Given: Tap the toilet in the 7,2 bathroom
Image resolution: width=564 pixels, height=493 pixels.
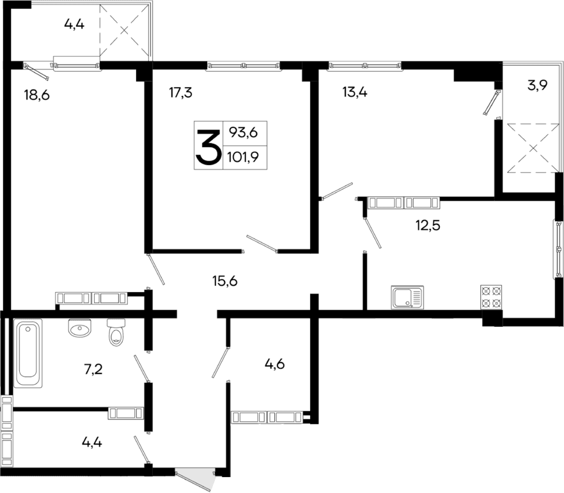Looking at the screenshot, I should click(x=116, y=332).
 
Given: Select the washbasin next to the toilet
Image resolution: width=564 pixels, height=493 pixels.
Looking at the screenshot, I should click(x=81, y=329).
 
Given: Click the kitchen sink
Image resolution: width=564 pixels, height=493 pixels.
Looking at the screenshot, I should click(x=407, y=298).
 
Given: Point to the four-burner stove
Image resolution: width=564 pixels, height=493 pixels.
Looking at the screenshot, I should click(x=490, y=297).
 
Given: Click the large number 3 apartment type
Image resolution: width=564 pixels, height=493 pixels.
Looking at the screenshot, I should click(x=208, y=146).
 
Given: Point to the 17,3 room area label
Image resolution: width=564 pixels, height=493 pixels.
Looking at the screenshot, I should click(x=180, y=93).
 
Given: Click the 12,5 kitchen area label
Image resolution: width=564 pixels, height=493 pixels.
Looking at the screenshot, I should click(x=428, y=224).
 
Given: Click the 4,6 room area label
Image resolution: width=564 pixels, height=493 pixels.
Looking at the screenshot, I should click(x=274, y=364).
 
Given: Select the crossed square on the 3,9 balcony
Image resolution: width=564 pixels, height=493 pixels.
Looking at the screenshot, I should click(x=531, y=148).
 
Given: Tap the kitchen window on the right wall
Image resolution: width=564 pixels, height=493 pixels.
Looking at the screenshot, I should click(x=558, y=249).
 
